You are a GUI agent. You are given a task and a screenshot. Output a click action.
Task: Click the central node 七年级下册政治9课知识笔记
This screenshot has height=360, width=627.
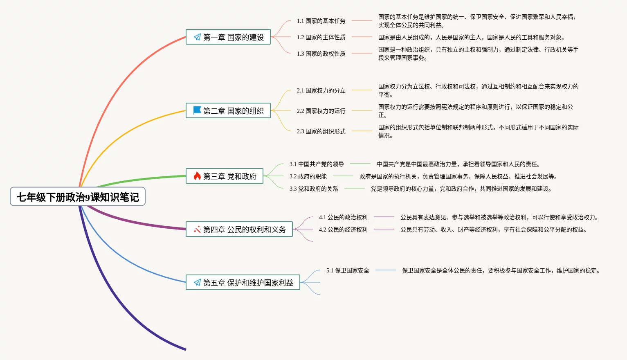pyautogui.click(x=78, y=197)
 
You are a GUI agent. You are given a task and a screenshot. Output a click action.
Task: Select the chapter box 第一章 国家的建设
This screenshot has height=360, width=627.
pyautogui.click(x=228, y=37)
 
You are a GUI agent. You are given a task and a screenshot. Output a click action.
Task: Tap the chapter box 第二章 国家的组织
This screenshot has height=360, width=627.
pyautogui.click(x=228, y=110)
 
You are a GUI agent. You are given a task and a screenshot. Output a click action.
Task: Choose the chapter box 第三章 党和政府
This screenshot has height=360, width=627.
pyautogui.click(x=225, y=176)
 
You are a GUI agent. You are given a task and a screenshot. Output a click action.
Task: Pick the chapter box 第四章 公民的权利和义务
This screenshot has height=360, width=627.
pyautogui.click(x=239, y=229)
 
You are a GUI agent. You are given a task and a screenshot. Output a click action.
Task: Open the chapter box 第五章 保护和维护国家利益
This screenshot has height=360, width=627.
pyautogui.click(x=243, y=282)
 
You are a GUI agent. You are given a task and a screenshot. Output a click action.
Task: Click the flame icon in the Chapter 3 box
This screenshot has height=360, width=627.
pyautogui.click(x=197, y=176)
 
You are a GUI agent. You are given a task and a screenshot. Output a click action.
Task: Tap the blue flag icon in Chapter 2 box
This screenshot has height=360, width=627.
pyautogui.click(x=197, y=110)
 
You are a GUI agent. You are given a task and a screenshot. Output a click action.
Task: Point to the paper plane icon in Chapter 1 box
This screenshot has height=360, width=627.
pyautogui.click(x=197, y=37)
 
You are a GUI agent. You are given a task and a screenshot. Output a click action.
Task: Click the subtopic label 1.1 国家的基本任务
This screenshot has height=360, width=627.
pyautogui.click(x=321, y=21)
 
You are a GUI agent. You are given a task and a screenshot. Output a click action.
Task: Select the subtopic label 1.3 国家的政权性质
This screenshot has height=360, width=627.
pyautogui.click(x=321, y=54)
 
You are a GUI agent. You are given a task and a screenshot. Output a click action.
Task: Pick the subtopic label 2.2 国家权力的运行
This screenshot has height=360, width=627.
pyautogui.click(x=321, y=111)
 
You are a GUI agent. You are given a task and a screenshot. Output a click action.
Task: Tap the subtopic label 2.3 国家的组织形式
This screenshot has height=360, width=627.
pyautogui.click(x=321, y=131)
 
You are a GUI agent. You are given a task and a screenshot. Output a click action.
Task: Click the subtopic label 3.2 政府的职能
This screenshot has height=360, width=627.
pyautogui.click(x=308, y=176)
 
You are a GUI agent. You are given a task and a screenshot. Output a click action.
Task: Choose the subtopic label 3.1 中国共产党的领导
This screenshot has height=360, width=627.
pyautogui.click(x=317, y=164)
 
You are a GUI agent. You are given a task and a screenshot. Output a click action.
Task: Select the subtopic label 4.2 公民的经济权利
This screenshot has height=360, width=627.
pyautogui.click(x=343, y=229)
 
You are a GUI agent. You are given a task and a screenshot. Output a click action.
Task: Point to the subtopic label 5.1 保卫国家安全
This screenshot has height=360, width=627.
pyautogui.click(x=348, y=270)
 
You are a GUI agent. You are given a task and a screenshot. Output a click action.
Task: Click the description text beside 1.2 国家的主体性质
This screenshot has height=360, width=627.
pyautogui.click(x=471, y=37)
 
